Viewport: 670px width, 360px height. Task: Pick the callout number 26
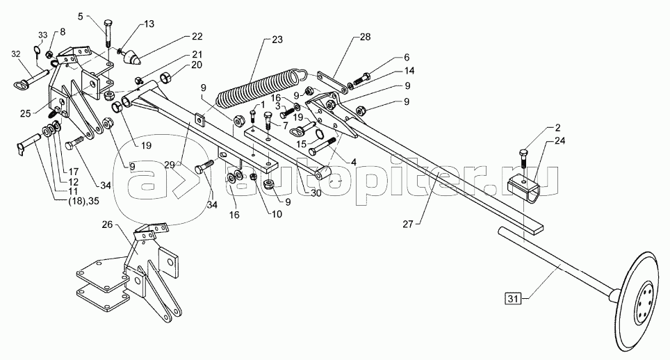click(108, 224)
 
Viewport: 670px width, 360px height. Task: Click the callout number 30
click(317, 194)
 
